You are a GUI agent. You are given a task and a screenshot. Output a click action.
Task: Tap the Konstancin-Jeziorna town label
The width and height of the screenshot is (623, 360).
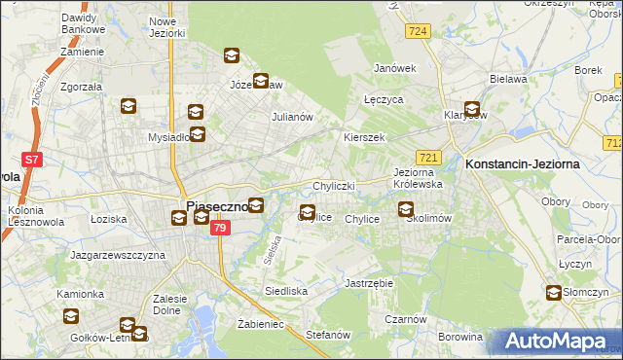tap(523, 164)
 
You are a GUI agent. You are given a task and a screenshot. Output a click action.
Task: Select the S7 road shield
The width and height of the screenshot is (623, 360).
tap(31, 159)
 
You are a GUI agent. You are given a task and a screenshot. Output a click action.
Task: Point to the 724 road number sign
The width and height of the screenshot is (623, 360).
tap(419, 32)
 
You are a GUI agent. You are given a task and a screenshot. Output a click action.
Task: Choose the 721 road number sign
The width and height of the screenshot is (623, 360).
tap(428, 157)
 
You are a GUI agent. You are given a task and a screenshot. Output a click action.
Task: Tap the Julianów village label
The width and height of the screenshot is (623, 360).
tap(291, 117)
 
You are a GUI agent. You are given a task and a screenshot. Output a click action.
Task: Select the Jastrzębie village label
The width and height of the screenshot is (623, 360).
tap(368, 283)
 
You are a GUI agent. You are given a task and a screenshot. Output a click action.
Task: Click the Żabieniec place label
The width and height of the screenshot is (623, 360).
tap(260, 324)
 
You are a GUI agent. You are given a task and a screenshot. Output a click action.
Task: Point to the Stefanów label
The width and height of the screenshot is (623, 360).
tap(327, 335)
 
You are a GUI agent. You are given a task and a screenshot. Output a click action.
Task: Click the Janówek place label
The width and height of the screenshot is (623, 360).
tap(395, 68)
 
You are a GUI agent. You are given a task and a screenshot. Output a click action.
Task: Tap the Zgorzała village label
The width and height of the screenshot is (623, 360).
tap(81, 85)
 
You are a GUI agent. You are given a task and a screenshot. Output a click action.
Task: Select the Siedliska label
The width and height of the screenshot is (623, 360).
tap(286, 291)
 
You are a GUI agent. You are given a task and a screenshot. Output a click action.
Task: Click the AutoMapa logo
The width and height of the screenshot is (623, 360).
tap(561, 342)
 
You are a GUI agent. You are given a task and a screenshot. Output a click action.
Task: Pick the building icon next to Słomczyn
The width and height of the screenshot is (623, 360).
tap(554, 292)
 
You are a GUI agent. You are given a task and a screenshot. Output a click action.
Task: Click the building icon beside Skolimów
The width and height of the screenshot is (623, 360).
tap(406, 208)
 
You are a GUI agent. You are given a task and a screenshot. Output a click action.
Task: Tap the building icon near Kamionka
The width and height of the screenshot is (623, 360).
tap(71, 315)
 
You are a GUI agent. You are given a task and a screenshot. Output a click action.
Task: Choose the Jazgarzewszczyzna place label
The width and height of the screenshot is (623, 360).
tap(117, 255)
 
